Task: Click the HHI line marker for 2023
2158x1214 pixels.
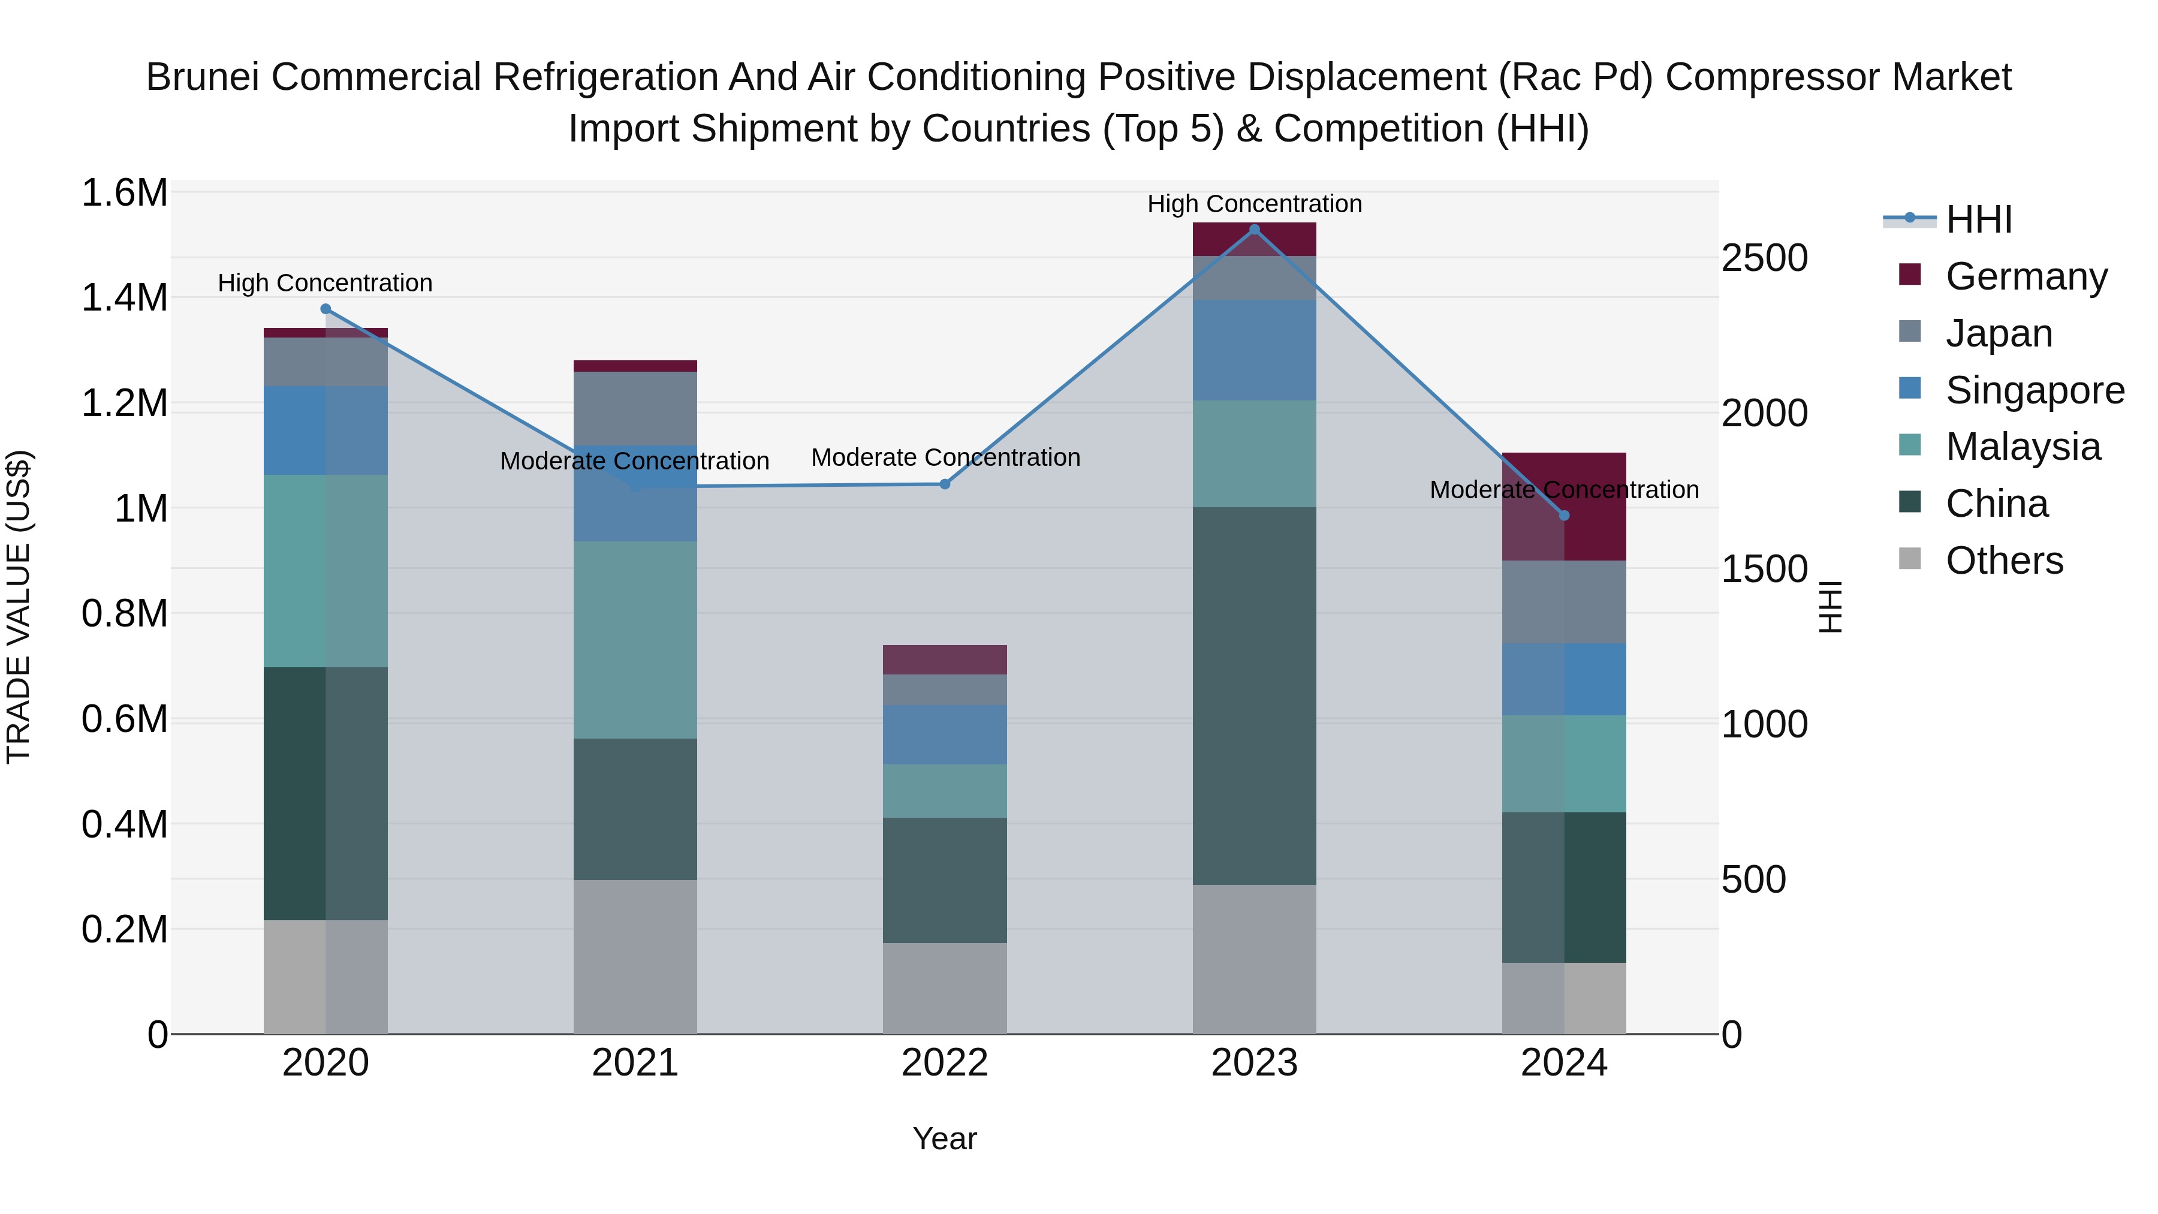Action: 1254,230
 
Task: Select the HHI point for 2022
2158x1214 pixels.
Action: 945,484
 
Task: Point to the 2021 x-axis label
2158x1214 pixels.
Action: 635,1063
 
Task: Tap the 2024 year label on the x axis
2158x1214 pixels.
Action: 1563,1063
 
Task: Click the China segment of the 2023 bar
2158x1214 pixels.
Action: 1254,695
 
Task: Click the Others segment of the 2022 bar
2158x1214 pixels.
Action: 945,988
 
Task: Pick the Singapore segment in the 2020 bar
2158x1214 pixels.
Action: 326,430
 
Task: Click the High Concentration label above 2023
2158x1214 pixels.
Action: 1254,204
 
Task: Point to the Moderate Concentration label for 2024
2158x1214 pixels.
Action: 1563,490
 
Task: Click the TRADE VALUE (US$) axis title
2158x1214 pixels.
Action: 19,607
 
